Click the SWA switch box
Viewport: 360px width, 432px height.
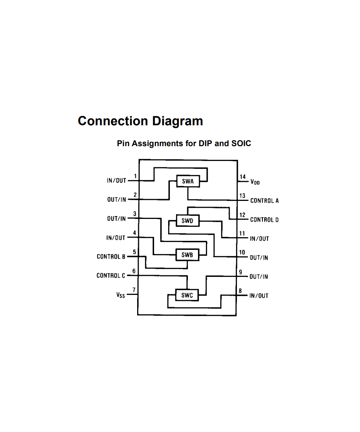click(188, 181)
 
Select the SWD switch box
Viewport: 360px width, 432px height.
click(187, 221)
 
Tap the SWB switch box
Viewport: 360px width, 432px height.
click(187, 255)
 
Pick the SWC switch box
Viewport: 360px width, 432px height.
click(187, 295)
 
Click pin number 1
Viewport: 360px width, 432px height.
click(135, 176)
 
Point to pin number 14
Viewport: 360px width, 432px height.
click(242, 177)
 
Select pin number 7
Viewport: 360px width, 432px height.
click(134, 290)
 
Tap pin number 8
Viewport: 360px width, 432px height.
click(240, 291)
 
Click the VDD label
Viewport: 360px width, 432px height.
click(255, 182)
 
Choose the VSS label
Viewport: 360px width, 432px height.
click(121, 295)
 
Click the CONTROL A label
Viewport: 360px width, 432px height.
click(265, 201)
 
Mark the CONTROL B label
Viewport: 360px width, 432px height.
click(111, 257)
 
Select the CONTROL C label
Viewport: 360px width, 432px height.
click(111, 276)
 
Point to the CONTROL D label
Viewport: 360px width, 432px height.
click(264, 220)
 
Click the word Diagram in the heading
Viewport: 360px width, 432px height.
click(177, 121)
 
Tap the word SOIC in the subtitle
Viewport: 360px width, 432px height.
click(241, 143)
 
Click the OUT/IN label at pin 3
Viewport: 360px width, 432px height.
click(116, 219)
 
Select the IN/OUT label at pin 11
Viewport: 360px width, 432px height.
click(259, 239)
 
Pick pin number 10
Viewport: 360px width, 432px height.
click(242, 252)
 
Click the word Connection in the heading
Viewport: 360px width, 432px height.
click(113, 121)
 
